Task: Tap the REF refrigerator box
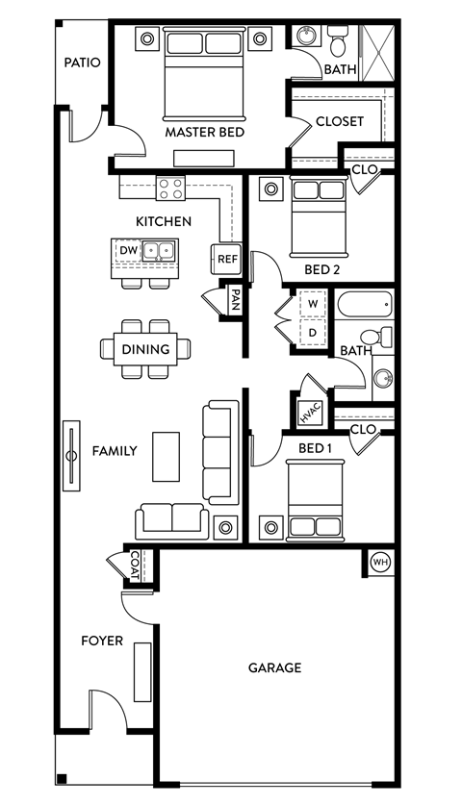[x=226, y=259]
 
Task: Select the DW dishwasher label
[x=129, y=251]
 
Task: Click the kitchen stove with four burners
[x=170, y=189]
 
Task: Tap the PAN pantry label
[x=234, y=301]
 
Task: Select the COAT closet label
[x=137, y=566]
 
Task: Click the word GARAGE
[x=275, y=667]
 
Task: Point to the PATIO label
[x=83, y=63]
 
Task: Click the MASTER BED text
[x=204, y=132]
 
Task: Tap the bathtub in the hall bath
[x=365, y=306]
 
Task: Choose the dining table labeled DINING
[x=146, y=349]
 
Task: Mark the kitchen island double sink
[x=158, y=252]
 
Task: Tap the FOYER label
[x=102, y=641]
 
